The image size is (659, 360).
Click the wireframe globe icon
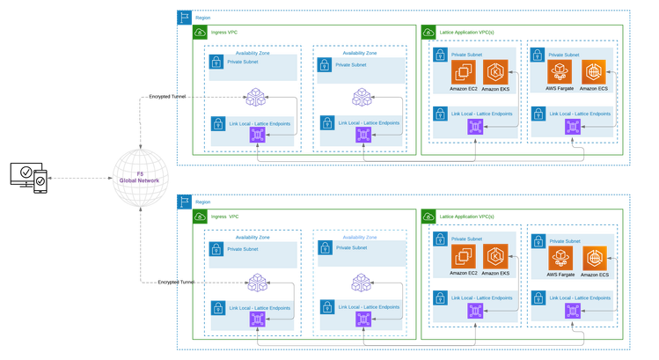[x=136, y=179]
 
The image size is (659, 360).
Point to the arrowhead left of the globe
[x=50, y=178]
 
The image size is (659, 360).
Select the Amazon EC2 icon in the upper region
[x=464, y=72]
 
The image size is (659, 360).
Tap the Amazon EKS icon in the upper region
[x=495, y=72]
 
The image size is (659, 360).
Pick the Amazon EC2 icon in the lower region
[x=464, y=256]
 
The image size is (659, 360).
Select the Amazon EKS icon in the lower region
[x=495, y=256]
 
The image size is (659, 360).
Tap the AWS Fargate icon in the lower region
[x=560, y=258]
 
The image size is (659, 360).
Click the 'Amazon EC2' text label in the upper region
[x=464, y=90]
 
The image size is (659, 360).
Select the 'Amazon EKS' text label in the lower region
[x=495, y=274]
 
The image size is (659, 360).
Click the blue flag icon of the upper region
[x=184, y=18]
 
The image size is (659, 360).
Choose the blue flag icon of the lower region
[x=184, y=202]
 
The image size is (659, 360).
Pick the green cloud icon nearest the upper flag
[x=200, y=33]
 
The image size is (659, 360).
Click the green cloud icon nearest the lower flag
[x=200, y=217]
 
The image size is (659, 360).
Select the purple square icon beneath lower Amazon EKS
[x=475, y=312]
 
